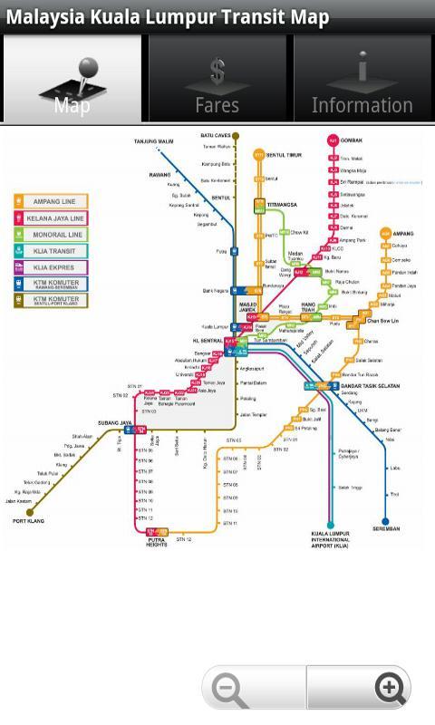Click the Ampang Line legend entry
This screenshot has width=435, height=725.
[51, 202]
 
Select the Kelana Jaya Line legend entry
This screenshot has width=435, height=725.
[51, 218]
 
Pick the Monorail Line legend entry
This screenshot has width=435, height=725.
[51, 235]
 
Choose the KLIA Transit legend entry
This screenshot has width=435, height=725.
[51, 251]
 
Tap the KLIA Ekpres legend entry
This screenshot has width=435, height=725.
[51, 267]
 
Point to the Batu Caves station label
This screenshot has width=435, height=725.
[216, 136]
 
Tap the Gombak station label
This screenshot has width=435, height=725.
[351, 141]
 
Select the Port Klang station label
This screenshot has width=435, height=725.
[28, 522]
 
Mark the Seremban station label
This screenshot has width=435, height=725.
[385, 529]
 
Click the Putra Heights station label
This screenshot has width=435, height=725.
[156, 542]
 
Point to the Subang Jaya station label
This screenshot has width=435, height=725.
[114, 423]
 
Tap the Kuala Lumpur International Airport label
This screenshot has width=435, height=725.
[330, 540]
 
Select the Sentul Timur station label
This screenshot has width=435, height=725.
[283, 155]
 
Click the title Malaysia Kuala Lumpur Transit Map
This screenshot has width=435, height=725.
[168, 17]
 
